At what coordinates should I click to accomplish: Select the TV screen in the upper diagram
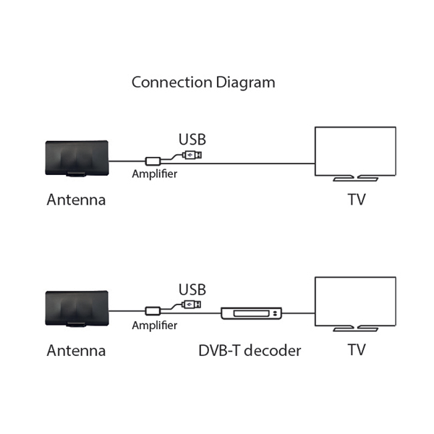click(x=355, y=150)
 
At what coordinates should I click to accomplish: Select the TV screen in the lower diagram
click(x=355, y=300)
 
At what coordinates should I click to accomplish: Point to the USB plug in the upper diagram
click(x=193, y=155)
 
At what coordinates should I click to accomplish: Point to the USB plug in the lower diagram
click(x=192, y=305)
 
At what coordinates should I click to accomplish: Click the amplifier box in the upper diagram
click(x=153, y=161)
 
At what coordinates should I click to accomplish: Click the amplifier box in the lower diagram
click(x=153, y=311)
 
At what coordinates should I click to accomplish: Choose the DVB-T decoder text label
click(x=250, y=351)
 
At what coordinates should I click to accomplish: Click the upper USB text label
click(x=192, y=140)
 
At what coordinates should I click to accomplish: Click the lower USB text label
click(x=192, y=289)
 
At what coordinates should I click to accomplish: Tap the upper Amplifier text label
click(x=154, y=174)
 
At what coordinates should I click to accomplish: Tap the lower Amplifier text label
click(x=154, y=325)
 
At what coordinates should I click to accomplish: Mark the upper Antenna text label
click(x=76, y=200)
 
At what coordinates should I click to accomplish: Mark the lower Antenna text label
click(x=76, y=351)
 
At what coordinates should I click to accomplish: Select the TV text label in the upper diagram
click(x=356, y=200)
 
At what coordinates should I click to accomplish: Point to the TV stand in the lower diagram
click(x=355, y=328)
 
